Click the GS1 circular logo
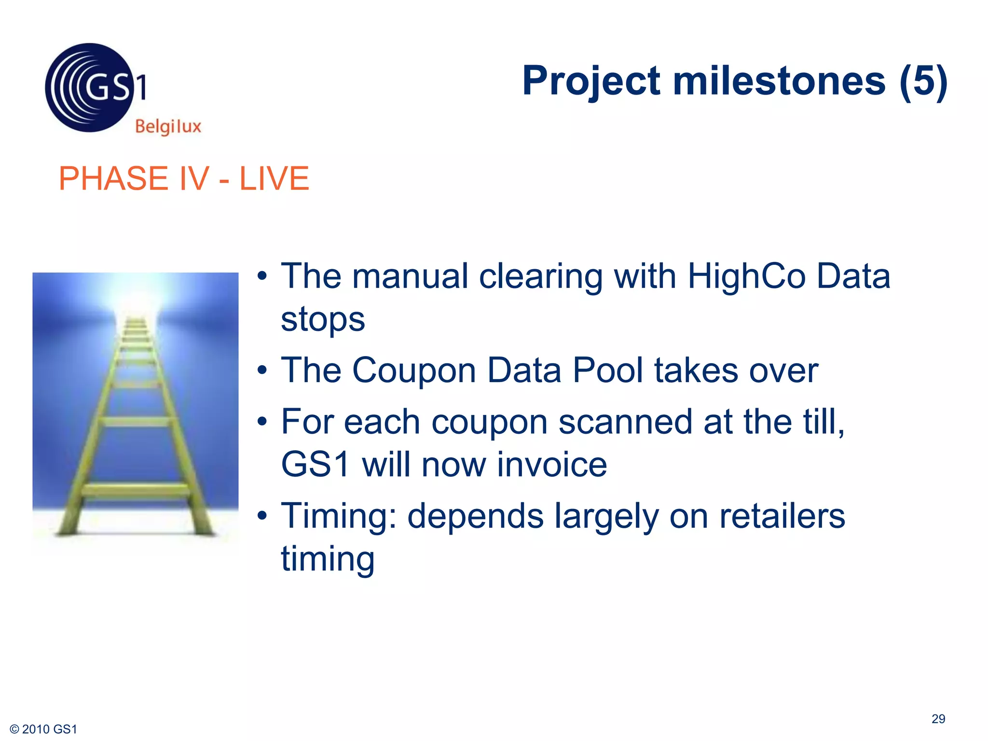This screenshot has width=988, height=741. point(90,88)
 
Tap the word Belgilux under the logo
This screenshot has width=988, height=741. point(168,126)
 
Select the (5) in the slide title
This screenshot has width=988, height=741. point(923,81)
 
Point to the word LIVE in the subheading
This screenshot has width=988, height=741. point(274,178)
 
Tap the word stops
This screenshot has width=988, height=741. point(323,319)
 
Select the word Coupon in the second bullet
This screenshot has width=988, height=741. point(414,370)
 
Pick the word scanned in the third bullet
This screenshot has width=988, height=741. point(625,422)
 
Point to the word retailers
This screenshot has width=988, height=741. point(782,516)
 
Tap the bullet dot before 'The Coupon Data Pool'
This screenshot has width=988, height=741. point(262,370)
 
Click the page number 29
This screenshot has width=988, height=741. point(938,719)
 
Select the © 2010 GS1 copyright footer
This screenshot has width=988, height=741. point(43,729)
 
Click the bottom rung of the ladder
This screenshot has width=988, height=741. point(136,491)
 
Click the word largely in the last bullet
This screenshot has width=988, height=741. point(606,516)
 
